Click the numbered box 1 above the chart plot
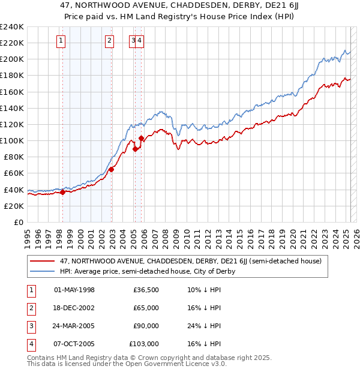tap(62, 41)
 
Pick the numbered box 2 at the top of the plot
tap(110, 41)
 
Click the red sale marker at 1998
tap(62, 193)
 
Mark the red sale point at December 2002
tap(112, 169)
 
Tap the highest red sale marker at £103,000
tap(141, 139)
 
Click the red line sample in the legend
tap(43, 261)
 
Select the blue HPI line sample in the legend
tap(43, 271)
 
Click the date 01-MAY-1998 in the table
tap(74, 290)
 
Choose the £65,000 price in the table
tap(146, 308)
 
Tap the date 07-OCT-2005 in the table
tap(74, 344)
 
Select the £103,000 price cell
tap(145, 344)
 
